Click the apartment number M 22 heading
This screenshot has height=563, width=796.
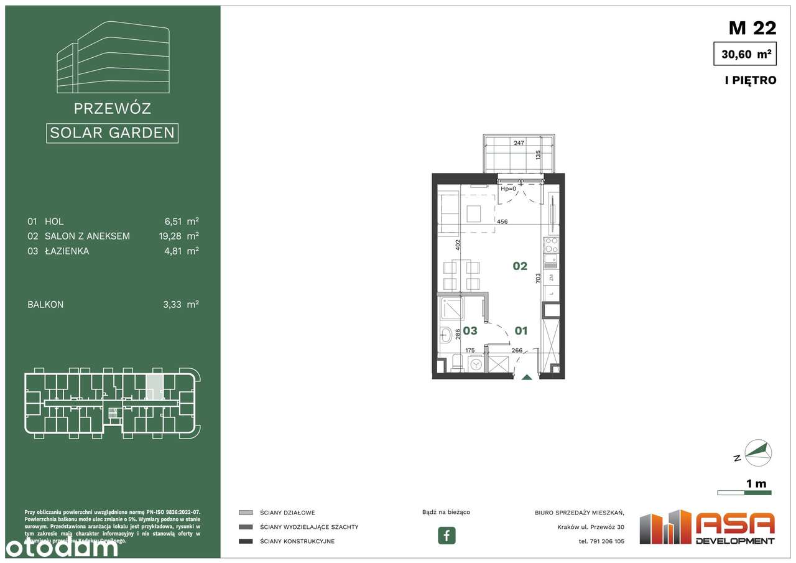[752, 27]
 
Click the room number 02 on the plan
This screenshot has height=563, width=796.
[520, 266]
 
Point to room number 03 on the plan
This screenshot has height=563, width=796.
[470, 331]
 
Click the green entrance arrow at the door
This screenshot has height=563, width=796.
[527, 376]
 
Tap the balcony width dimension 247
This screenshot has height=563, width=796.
[518, 143]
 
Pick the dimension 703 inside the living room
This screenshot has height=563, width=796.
[538, 279]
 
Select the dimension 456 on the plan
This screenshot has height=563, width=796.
[502, 221]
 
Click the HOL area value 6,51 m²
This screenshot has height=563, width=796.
[184, 221]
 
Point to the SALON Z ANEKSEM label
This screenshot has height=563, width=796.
[87, 236]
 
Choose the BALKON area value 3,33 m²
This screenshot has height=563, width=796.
[184, 304]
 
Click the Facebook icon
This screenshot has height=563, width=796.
[447, 535]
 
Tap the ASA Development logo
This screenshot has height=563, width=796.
[708, 528]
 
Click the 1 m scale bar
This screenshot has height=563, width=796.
[744, 492]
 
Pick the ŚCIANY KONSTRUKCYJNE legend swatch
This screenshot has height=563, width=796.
[246, 541]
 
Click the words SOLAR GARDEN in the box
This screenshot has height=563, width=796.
[112, 133]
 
